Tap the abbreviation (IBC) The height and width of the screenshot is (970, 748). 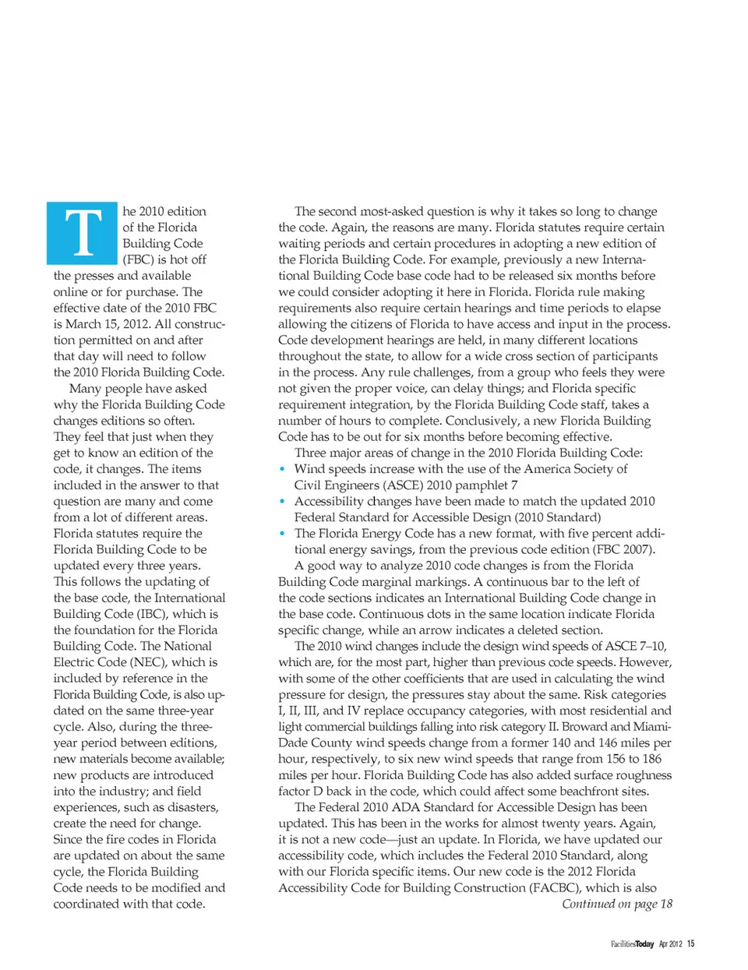tap(149, 614)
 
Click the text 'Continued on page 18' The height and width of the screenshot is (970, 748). tap(616, 904)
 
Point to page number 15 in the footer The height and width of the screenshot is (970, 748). tap(690, 944)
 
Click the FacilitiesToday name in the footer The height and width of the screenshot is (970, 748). tap(632, 944)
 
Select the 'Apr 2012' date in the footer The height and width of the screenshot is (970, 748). tap(670, 944)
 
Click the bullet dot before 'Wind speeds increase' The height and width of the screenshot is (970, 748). tap(282, 469)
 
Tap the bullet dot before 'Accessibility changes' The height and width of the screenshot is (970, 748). tap(282, 501)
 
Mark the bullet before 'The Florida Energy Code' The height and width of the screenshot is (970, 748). tap(282, 534)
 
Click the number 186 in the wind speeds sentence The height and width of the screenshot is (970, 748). tap(652, 759)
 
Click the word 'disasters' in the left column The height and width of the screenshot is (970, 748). tap(194, 807)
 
